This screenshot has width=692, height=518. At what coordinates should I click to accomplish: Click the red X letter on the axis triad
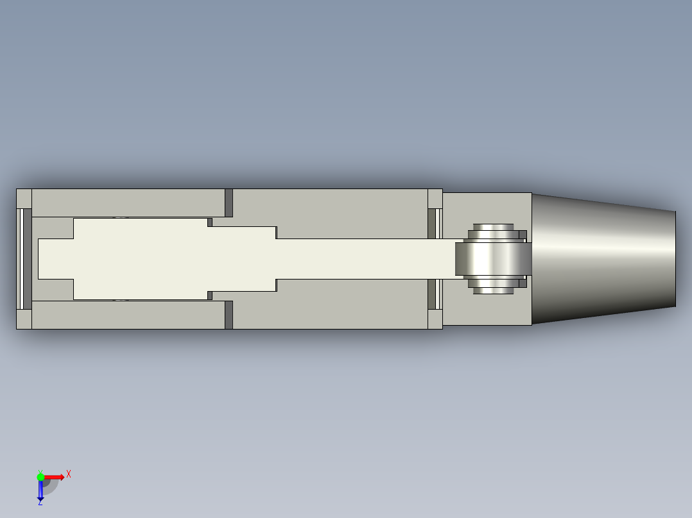pyautogui.click(x=68, y=474)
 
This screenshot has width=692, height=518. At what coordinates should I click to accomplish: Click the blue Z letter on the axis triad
pyautogui.click(x=40, y=502)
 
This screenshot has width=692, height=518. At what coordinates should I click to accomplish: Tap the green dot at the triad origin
pyautogui.click(x=40, y=476)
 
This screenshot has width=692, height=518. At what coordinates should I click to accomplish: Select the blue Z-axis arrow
pyautogui.click(x=40, y=490)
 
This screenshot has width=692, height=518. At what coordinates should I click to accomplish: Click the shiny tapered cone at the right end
pyautogui.click(x=603, y=258)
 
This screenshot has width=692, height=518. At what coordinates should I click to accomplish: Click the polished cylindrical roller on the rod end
pyautogui.click(x=493, y=258)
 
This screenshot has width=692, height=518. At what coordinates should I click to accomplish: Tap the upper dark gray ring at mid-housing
pyautogui.click(x=229, y=203)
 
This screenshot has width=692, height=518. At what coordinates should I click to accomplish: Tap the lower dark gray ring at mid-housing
pyautogui.click(x=229, y=315)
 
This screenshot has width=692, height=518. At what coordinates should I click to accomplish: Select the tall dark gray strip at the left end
pyautogui.click(x=28, y=258)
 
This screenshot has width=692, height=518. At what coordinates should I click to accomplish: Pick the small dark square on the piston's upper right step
pyautogui.click(x=210, y=222)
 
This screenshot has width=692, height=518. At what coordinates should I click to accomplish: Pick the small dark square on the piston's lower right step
pyautogui.click(x=210, y=295)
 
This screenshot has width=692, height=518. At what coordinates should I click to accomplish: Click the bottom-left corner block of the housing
pyautogui.click(x=24, y=319)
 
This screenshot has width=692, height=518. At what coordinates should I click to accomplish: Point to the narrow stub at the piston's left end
pyautogui.click(x=55, y=258)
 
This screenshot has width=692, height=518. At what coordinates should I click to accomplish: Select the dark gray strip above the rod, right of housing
pyautogui.click(x=431, y=223)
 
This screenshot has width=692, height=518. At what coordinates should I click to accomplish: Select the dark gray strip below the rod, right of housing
pyautogui.click(x=431, y=294)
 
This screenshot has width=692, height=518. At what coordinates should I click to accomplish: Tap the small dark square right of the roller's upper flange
pyautogui.click(x=523, y=235)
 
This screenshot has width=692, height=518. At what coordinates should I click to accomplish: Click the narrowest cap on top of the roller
pyautogui.click(x=493, y=226)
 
